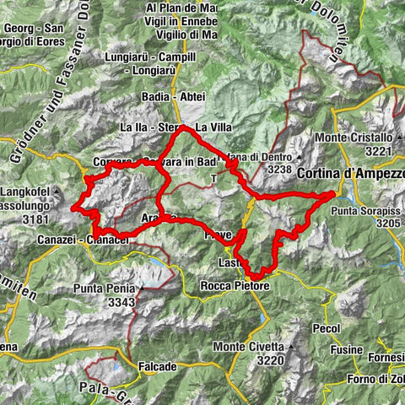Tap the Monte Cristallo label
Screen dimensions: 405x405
tap(353, 138)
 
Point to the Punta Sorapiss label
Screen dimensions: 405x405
tap(370, 209)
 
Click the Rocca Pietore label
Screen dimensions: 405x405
tap(233, 287)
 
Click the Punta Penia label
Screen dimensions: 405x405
tap(106, 289)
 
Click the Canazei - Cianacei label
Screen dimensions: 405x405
tap(72, 240)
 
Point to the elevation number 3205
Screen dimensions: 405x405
tap(387, 223)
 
